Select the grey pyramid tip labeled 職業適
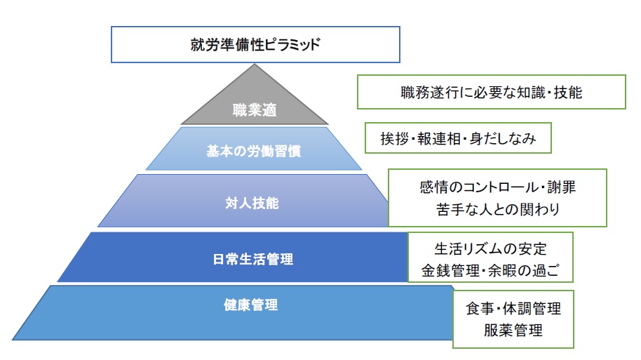(x=255, y=109)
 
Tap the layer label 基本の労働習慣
(x=253, y=151)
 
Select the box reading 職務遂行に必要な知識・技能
(x=491, y=92)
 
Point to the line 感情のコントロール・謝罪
(x=497, y=188)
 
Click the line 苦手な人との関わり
(x=497, y=209)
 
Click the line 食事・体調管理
(x=513, y=309)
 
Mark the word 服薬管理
(x=513, y=329)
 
